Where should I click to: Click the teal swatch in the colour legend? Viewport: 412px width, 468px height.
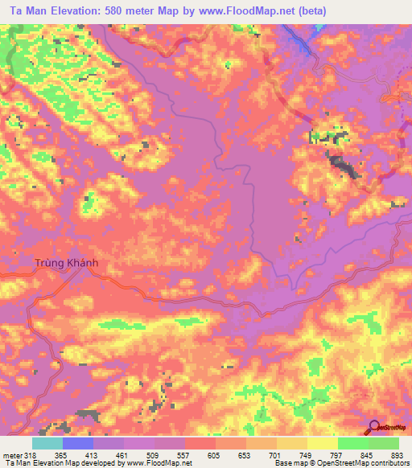(x=47, y=443)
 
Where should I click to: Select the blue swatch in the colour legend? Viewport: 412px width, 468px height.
(x=78, y=443)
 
